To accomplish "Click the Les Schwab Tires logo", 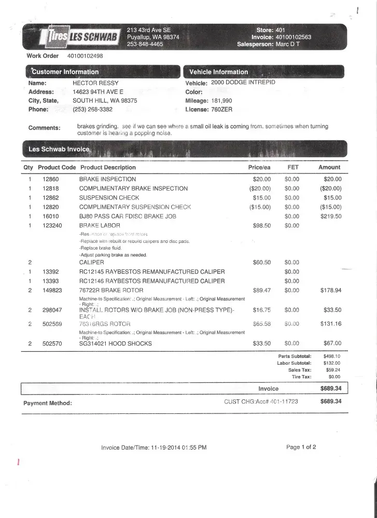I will tap(80, 37).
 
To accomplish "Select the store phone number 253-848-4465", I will tap(145, 45).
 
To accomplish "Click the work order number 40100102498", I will tap(85, 56).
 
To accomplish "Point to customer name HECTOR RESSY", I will tap(95, 83).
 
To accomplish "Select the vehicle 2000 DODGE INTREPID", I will tap(243, 82).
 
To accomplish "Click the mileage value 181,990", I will tap(222, 100).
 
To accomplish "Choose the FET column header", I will tap(292, 167).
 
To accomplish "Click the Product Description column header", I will tap(108, 167).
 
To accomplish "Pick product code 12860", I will tap(51, 179).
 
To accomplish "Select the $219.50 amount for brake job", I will tap(331, 216).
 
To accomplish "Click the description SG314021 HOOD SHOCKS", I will tap(115, 343).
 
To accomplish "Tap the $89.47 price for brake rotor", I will tap(261, 290).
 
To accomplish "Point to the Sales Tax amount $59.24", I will tap(331, 370).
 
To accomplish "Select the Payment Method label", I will tap(48, 402).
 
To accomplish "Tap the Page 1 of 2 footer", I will tap(301, 447).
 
